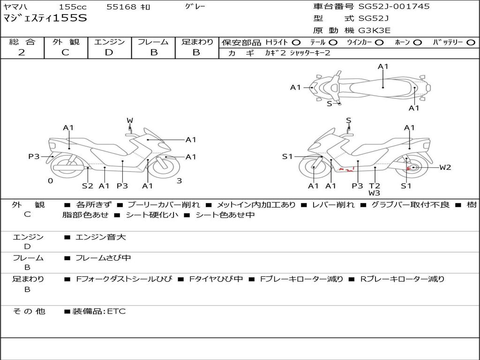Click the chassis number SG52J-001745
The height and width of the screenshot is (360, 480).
pyautogui.click(x=394, y=7)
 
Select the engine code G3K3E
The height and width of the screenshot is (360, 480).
pyautogui.click(x=375, y=30)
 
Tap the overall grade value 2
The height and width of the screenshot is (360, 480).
pyautogui.click(x=22, y=52)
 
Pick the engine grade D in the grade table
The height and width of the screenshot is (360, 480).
pyautogui.click(x=109, y=52)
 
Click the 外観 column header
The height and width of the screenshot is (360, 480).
pyautogui.click(x=66, y=42)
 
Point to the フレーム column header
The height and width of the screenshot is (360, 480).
pyautogui.click(x=153, y=42)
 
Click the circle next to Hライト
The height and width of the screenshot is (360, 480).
pyautogui.click(x=296, y=43)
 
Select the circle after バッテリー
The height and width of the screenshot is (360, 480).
pyautogui.click(x=471, y=43)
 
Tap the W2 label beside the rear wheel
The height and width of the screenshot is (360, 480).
pyautogui.click(x=445, y=167)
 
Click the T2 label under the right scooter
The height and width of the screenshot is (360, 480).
pyautogui.click(x=374, y=186)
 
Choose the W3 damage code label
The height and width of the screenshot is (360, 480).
pyautogui.click(x=374, y=193)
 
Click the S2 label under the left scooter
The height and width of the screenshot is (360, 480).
pyautogui.click(x=88, y=186)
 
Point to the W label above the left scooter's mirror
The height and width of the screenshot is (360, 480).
pyautogui.click(x=130, y=120)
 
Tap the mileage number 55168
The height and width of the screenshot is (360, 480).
pyautogui.click(x=122, y=7)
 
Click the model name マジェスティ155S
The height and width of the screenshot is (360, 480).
pyautogui.click(x=45, y=19)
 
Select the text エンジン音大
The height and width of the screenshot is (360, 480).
pyautogui.click(x=101, y=237)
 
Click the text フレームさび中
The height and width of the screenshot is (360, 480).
pyautogui.click(x=103, y=258)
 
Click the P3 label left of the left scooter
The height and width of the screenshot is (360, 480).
pyautogui.click(x=34, y=157)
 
